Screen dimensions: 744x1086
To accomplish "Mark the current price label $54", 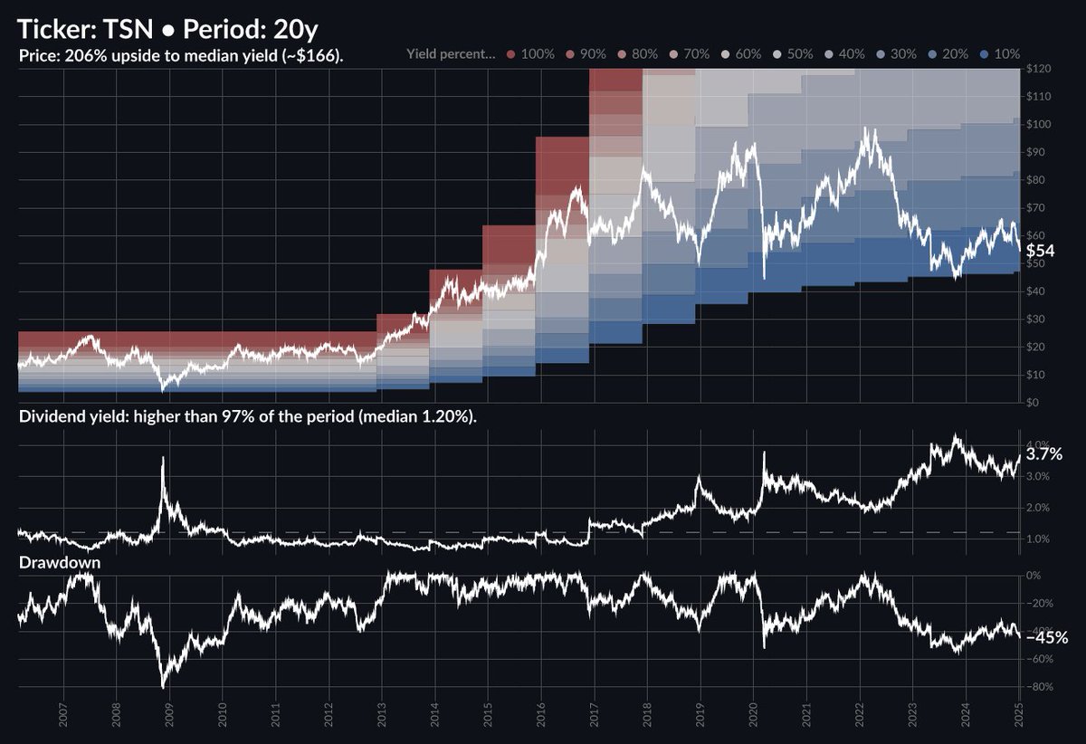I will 1040,250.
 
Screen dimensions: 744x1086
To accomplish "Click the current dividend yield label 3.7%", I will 1044,454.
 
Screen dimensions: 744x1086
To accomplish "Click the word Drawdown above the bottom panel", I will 59,563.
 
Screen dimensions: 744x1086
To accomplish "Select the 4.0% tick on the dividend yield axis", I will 1037,444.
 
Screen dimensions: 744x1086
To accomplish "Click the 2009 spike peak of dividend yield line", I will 163,458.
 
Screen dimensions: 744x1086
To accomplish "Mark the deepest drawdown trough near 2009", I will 163,687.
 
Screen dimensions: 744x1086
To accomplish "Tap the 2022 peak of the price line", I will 870,129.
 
